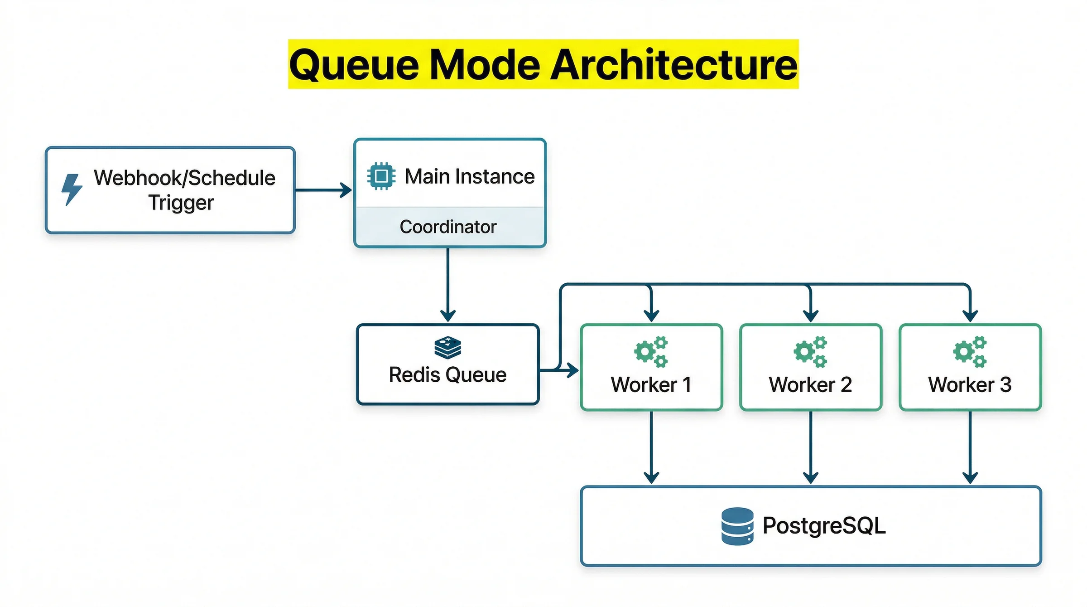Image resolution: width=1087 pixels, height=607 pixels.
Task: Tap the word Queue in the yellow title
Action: (354, 65)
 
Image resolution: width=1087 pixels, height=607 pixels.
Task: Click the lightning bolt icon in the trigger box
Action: (72, 189)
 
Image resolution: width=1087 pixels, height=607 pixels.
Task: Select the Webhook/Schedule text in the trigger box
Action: (184, 178)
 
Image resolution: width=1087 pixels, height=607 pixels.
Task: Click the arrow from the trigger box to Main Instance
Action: (323, 190)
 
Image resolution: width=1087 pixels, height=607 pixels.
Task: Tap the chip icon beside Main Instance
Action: (381, 176)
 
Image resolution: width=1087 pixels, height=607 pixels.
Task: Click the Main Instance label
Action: (469, 176)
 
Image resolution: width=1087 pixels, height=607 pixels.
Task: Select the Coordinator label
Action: (448, 227)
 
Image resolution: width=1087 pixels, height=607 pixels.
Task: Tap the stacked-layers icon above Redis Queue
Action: (447, 347)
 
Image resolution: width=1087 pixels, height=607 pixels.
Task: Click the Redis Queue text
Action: (447, 375)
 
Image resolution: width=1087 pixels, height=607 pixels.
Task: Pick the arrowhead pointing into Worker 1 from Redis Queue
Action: (573, 370)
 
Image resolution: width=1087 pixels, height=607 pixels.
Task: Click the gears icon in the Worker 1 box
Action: (651, 351)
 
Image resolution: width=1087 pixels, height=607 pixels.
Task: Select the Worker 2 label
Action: (810, 385)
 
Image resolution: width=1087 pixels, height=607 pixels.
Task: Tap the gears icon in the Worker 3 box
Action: (970, 351)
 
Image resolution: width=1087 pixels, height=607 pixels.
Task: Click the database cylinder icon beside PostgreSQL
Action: (737, 526)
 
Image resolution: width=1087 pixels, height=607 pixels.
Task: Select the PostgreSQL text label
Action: (824, 526)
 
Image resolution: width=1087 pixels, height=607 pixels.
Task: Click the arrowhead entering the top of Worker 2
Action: (810, 316)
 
